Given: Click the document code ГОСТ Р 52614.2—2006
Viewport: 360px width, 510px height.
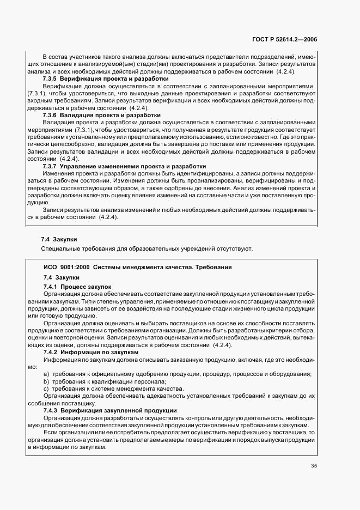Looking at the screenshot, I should (x=293, y=39).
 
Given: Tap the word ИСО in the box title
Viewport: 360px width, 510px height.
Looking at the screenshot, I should (x=51, y=267).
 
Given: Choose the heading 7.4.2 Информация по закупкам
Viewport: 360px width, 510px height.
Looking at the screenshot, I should (x=89, y=352).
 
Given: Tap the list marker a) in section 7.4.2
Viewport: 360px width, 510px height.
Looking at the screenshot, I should (x=46, y=374).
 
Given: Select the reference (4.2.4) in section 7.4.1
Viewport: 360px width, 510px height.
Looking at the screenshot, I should (x=223, y=345).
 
